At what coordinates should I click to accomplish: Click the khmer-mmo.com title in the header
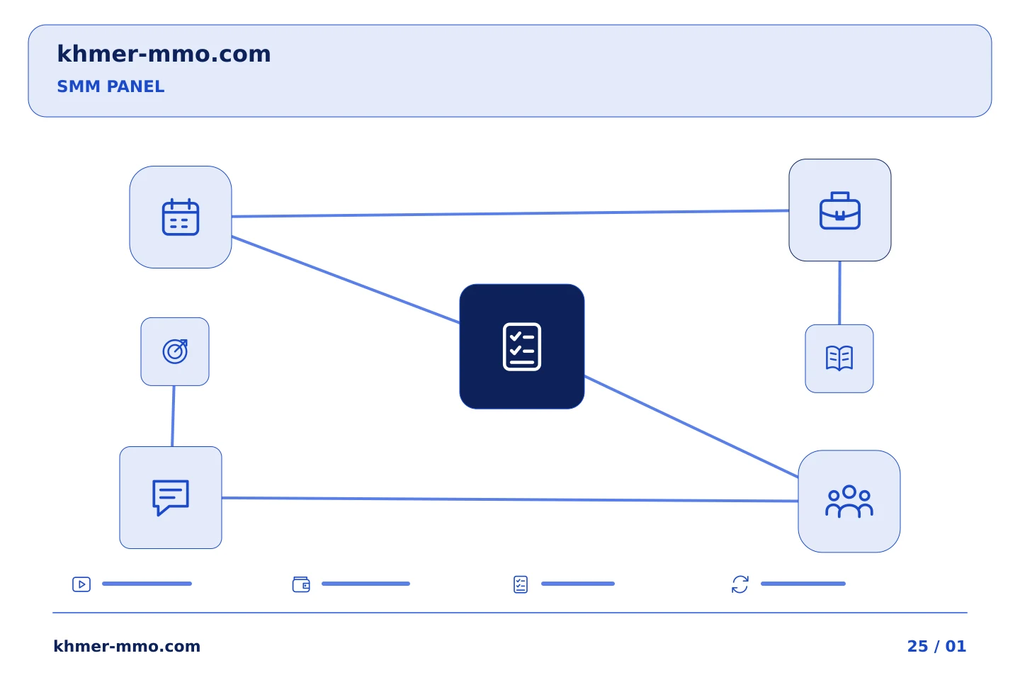pyautogui.click(x=164, y=54)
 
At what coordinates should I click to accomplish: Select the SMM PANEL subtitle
pyautogui.click(x=110, y=86)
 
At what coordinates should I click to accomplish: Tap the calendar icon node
pyautogui.click(x=181, y=217)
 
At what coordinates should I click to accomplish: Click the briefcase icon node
pyautogui.click(x=839, y=210)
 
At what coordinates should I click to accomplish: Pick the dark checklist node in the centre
pyautogui.click(x=522, y=346)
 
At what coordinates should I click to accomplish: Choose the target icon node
pyautogui.click(x=175, y=351)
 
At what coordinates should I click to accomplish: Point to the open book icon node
pyautogui.click(x=839, y=358)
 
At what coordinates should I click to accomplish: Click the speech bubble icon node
pyautogui.click(x=171, y=497)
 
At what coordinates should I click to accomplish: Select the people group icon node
pyautogui.click(x=849, y=501)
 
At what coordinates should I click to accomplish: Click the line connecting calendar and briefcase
pyautogui.click(x=510, y=214)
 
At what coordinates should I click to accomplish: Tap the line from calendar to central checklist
pyautogui.click(x=346, y=280)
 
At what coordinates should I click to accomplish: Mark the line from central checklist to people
pyautogui.click(x=691, y=426)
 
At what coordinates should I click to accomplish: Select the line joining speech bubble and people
pyautogui.click(x=510, y=499)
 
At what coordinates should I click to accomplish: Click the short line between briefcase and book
pyautogui.click(x=839, y=293)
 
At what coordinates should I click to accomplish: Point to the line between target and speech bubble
pyautogui.click(x=173, y=416)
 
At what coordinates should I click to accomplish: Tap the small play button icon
pyautogui.click(x=81, y=584)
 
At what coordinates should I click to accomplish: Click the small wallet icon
pyautogui.click(x=301, y=584)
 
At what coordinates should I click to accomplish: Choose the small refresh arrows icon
pyautogui.click(x=740, y=584)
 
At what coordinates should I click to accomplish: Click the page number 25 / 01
pyautogui.click(x=936, y=646)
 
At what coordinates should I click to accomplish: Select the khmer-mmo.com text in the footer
pyautogui.click(x=127, y=646)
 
